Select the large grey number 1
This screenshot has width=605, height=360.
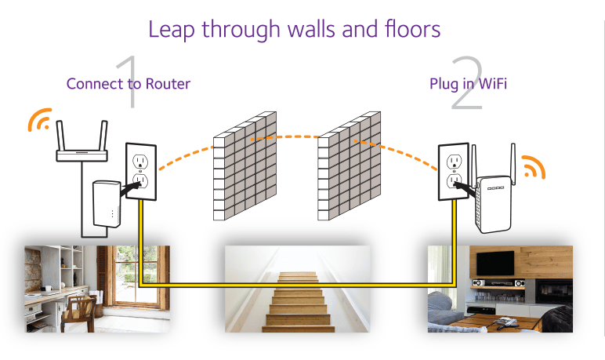click(x=128, y=83)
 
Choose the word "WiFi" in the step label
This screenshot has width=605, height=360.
click(x=491, y=83)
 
